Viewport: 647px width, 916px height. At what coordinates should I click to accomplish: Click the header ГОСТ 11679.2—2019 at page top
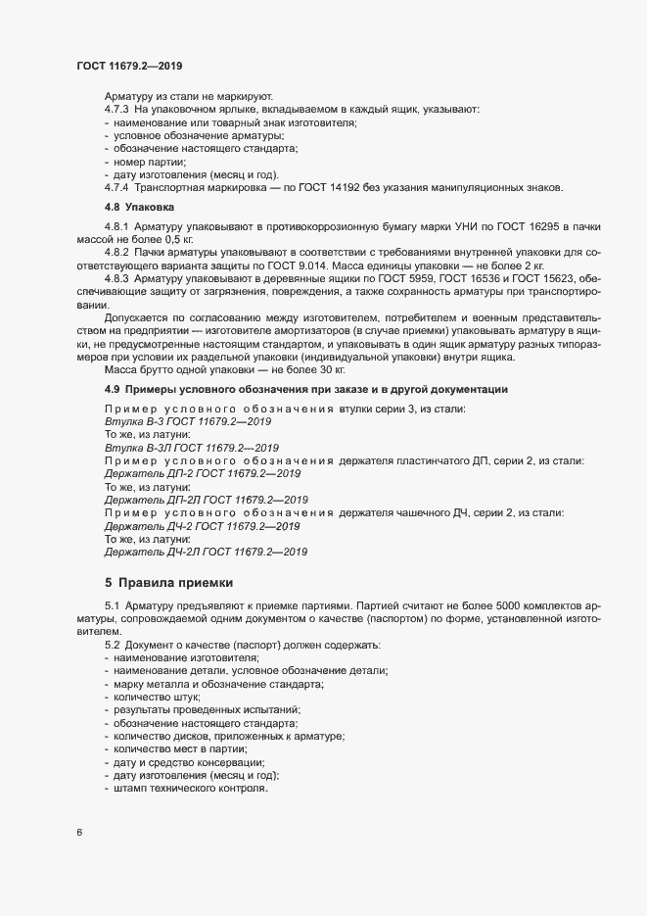click(x=127, y=67)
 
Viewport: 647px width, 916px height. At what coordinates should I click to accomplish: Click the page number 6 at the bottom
click(x=80, y=833)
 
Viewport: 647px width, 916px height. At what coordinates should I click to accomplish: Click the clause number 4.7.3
click(x=117, y=110)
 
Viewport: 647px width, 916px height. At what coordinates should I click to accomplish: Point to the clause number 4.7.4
click(x=117, y=186)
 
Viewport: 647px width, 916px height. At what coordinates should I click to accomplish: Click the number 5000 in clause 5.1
click(x=508, y=607)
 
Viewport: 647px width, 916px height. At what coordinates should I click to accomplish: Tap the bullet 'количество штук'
click(x=156, y=696)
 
